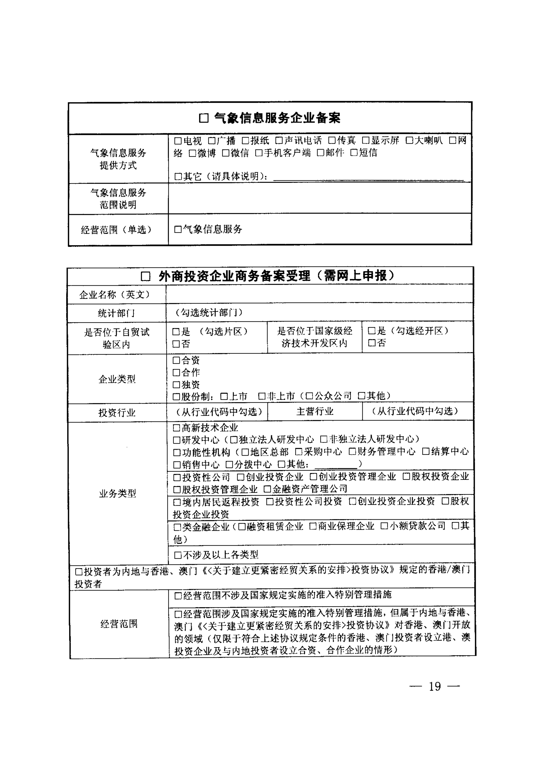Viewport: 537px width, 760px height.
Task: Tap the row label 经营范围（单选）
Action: pos(117,230)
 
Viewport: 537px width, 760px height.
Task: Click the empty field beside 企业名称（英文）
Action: pos(319,294)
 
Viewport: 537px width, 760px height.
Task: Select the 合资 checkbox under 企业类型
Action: pos(176,360)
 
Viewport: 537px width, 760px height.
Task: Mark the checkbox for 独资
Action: pos(176,385)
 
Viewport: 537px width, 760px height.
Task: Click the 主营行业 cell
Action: pos(315,411)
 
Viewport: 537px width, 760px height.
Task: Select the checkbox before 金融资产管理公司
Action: pos(267,489)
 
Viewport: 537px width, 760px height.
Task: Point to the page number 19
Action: pos(435,687)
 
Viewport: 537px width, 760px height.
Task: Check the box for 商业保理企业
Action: pos(313,526)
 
